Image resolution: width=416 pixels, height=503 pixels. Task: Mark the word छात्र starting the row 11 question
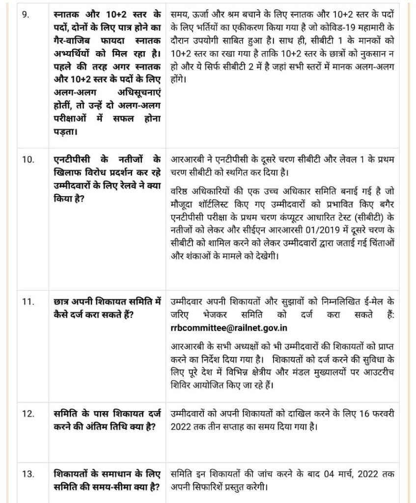pos(64,301)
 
